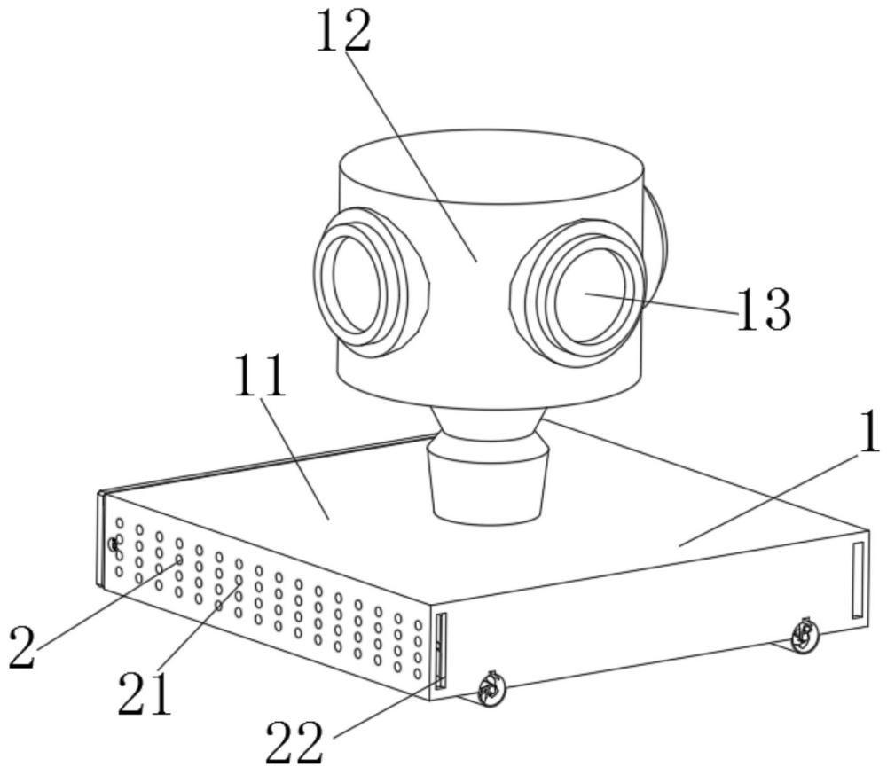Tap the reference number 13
(x=763, y=310)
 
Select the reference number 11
(x=260, y=376)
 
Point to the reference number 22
(x=294, y=741)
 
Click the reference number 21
(x=145, y=694)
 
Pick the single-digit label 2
(x=23, y=647)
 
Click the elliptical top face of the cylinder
(x=491, y=167)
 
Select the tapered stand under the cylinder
(x=488, y=465)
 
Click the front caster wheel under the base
(x=490, y=689)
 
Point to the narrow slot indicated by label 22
(x=440, y=651)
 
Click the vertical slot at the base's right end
(x=858, y=579)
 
